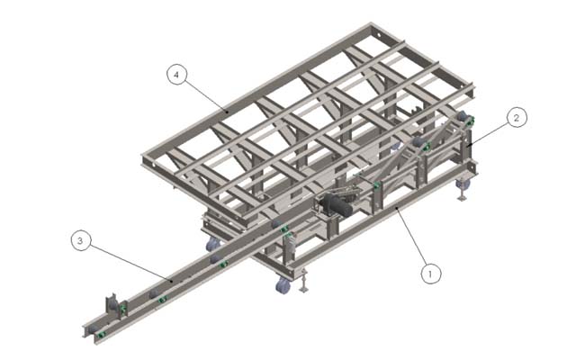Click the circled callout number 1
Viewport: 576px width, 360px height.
click(430, 274)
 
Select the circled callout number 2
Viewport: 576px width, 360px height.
click(517, 118)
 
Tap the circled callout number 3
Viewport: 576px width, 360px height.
click(80, 240)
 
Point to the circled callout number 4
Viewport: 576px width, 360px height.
click(176, 75)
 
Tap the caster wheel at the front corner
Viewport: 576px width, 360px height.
click(283, 285)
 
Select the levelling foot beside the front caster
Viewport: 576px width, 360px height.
click(303, 282)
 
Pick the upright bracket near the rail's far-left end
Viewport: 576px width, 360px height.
click(112, 304)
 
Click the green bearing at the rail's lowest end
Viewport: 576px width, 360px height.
click(101, 335)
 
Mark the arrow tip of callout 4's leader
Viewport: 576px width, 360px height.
click(227, 110)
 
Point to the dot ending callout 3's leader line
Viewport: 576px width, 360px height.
click(172, 281)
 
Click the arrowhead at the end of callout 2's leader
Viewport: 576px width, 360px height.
click(469, 146)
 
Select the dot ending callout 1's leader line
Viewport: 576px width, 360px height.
click(396, 208)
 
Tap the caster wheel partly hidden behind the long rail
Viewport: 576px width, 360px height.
click(212, 244)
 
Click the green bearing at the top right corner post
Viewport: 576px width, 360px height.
click(470, 120)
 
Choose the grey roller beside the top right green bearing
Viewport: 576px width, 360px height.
click(462, 116)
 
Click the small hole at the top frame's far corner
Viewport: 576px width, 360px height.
click(378, 36)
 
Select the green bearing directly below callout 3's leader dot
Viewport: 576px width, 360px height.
click(162, 300)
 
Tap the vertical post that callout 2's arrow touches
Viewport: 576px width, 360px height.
click(468, 144)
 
